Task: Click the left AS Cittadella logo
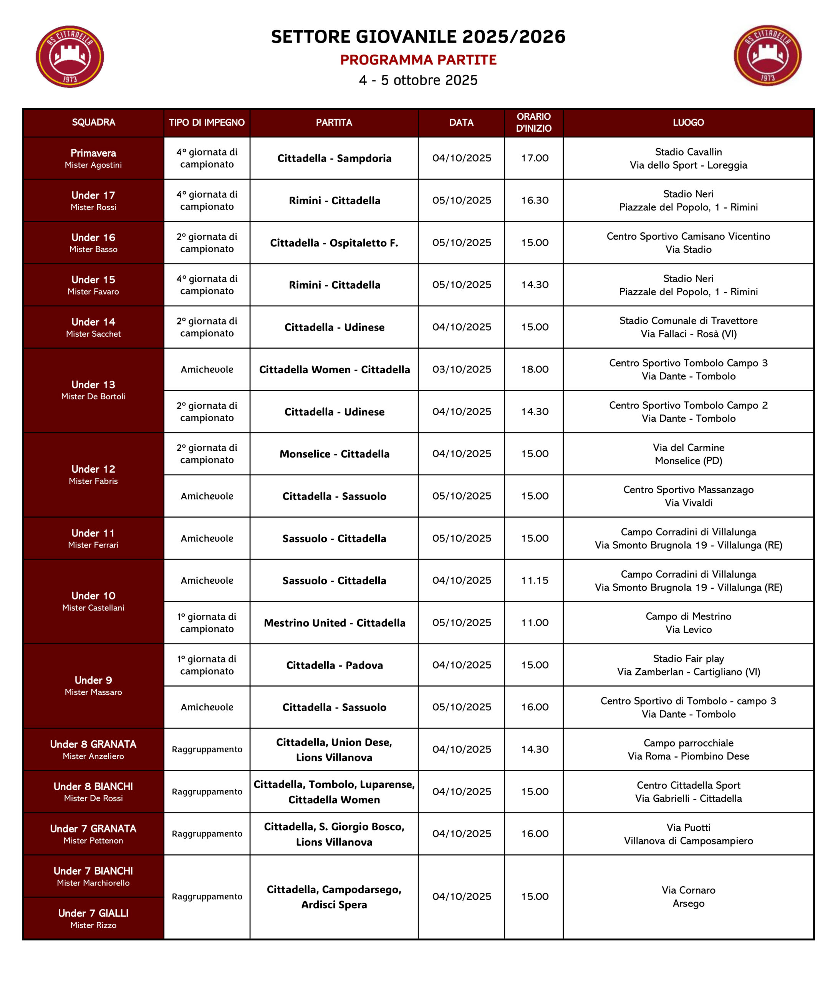coord(70,56)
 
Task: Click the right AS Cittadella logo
coord(767,56)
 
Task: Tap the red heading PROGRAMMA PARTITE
coord(418,60)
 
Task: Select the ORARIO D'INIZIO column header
coord(533,122)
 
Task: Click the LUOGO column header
coord(688,122)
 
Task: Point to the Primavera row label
coord(93,158)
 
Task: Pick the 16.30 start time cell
coord(534,200)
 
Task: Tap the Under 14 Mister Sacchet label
coord(93,327)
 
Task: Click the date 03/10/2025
coord(461,369)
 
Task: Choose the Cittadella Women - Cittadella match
coord(334,369)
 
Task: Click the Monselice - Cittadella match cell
coord(334,454)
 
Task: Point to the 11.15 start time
coord(534,580)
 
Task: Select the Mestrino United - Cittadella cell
coord(334,623)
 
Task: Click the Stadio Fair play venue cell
coord(688,665)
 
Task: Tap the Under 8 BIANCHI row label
coord(93,791)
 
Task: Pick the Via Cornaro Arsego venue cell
coord(688,896)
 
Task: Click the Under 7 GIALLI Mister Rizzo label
coord(93,918)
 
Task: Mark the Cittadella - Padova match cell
coord(334,665)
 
